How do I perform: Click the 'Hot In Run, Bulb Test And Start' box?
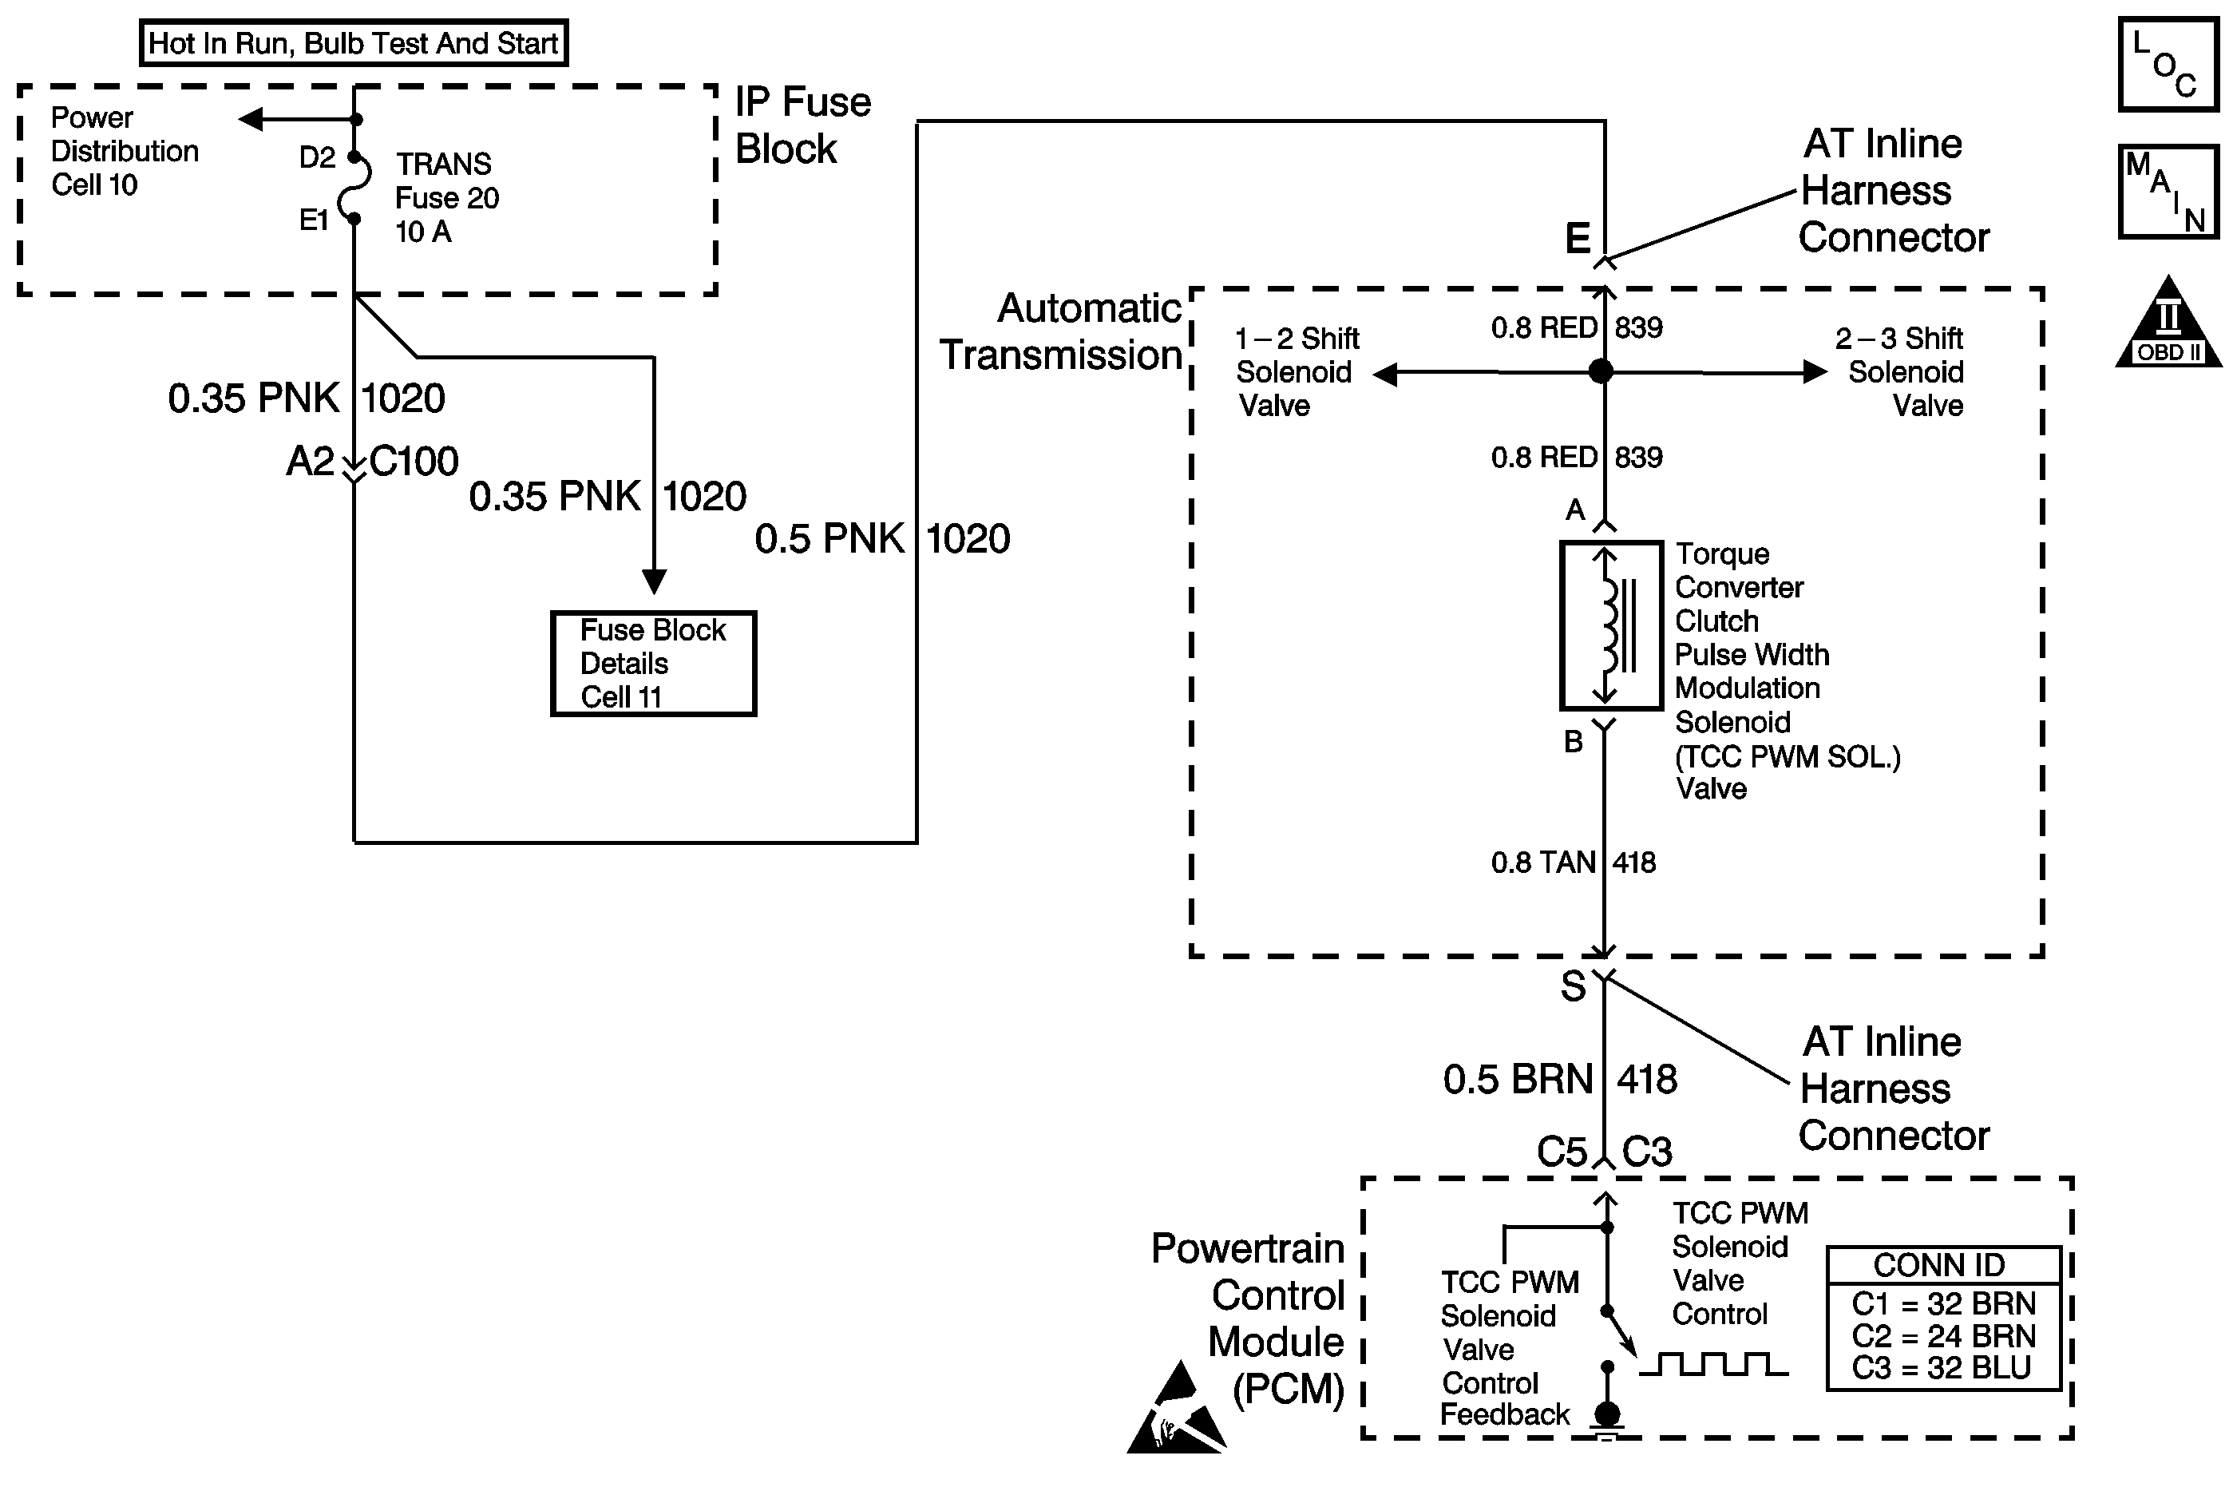coord(354,43)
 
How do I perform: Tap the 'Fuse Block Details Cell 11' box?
coord(653,663)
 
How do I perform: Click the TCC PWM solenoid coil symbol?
coord(1610,625)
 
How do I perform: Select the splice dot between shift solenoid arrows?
coord(1601,371)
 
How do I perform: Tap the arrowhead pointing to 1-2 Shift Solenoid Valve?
coord(1384,373)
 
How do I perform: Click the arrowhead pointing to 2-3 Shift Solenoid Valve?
coord(1815,371)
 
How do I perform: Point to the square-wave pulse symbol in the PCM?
coord(1713,1364)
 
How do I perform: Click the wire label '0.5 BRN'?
coord(1517,1079)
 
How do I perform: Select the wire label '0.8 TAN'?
coord(1542,862)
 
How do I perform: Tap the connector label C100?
coord(414,462)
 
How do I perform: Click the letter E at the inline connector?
coord(1577,238)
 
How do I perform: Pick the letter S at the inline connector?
coord(1573,987)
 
